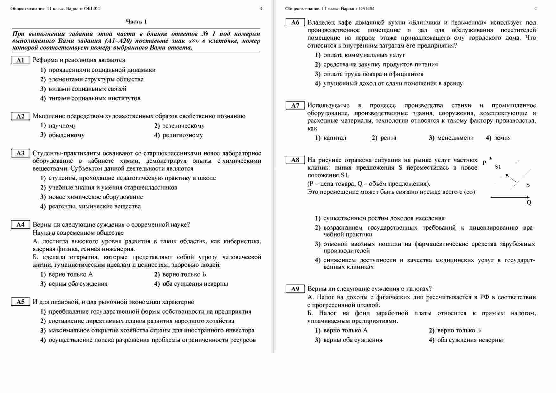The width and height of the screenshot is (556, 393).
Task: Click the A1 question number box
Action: coord(20,60)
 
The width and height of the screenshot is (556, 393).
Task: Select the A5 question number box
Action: coord(20,302)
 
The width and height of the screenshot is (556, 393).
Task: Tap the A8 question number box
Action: coord(295,160)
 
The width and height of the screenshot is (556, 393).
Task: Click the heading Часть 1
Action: coord(136,22)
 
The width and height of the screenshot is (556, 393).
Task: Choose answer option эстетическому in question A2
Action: coord(183,126)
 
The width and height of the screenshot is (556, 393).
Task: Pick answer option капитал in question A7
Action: coord(334,138)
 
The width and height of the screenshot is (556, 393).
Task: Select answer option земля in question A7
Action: coord(502,138)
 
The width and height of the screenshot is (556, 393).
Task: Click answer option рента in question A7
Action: coord(388,138)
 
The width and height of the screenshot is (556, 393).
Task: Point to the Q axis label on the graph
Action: coord(529,203)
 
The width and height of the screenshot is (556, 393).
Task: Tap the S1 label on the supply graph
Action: coord(498,167)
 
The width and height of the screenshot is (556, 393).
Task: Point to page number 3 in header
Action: coord(261,9)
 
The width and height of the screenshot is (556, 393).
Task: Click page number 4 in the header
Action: coord(535,9)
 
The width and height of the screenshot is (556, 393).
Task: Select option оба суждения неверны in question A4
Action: coord(195,284)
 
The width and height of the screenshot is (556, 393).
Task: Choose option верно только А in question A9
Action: coord(345,331)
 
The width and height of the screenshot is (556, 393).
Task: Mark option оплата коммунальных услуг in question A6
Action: coord(364,55)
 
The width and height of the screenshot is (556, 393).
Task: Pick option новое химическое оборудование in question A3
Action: coord(95,197)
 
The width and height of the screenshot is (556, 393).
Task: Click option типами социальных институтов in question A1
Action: coord(94,98)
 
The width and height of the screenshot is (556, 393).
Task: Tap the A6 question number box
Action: coord(295,23)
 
